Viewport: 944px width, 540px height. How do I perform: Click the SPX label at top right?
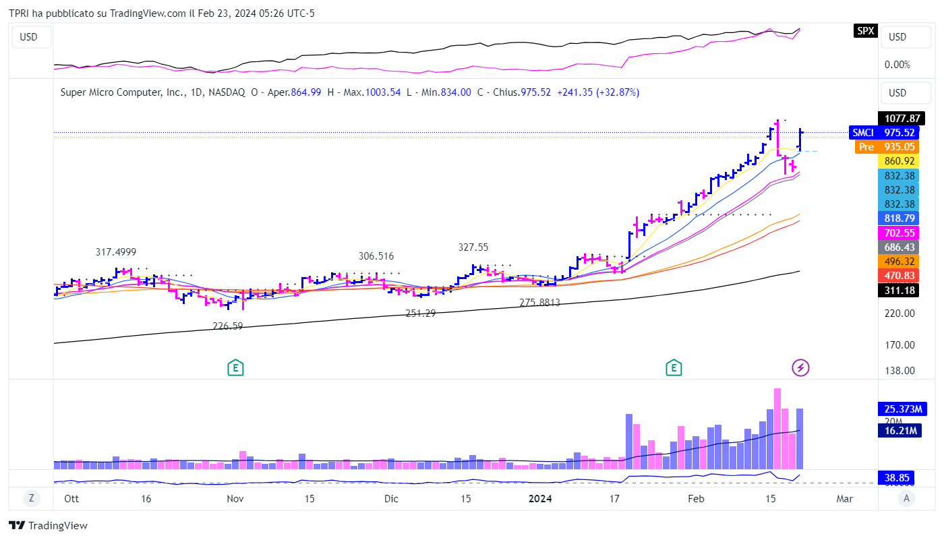(x=865, y=30)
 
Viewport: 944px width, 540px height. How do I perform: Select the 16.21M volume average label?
(x=901, y=430)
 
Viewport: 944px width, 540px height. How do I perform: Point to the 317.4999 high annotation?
(x=115, y=252)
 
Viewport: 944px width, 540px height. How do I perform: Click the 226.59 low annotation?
(x=228, y=326)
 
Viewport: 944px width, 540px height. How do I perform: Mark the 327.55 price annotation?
(x=473, y=247)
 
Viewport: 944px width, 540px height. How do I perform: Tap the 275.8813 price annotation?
(x=539, y=303)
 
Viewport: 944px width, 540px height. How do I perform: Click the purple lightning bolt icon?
(x=800, y=367)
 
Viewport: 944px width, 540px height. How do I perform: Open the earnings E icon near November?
(x=235, y=367)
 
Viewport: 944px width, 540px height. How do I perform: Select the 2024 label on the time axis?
(x=540, y=499)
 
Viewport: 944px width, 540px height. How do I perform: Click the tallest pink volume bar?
(x=777, y=428)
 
